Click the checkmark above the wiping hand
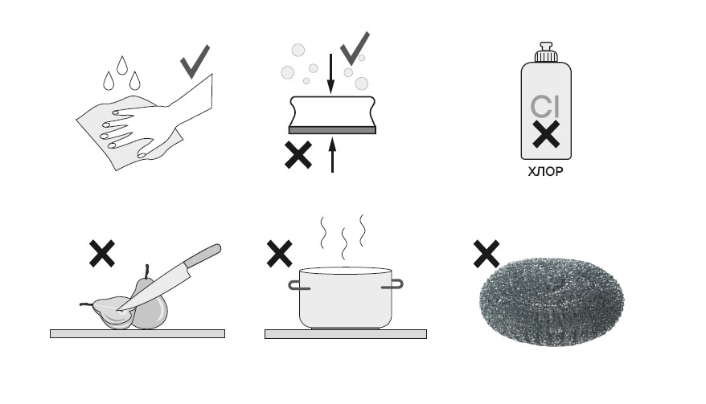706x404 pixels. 194,63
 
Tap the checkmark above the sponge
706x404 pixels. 354,50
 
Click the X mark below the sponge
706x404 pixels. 298,155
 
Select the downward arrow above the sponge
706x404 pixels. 331,74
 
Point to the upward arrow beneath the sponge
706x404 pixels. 332,155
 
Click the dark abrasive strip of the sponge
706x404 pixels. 332,130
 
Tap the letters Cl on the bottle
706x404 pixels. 545,107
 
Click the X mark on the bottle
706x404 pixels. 546,134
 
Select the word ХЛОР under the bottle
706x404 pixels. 545,171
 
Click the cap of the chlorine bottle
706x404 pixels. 546,52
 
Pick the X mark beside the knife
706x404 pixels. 102,253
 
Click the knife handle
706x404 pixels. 203,255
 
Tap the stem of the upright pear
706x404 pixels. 146,271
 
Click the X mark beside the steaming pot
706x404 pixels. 280,253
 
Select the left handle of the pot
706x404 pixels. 294,285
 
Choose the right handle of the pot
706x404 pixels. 396,284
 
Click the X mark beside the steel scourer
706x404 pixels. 486,254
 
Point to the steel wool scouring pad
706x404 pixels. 552,301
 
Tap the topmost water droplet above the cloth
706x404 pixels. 121,65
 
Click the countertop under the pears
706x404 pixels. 138,333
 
